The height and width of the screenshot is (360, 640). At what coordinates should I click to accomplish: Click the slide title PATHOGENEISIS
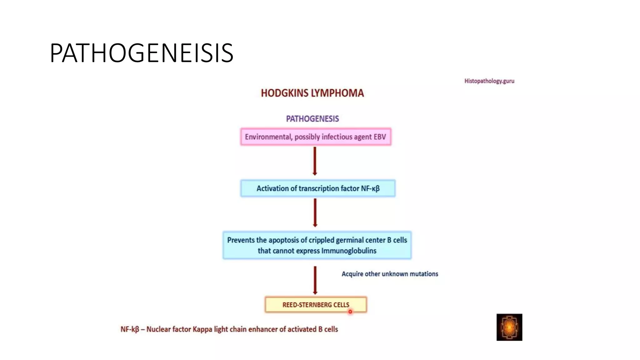pyautogui.click(x=141, y=53)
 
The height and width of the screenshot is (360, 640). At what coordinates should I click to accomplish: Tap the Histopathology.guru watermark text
pyautogui.click(x=489, y=81)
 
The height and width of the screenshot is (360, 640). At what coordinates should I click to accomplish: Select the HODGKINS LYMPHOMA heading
pyautogui.click(x=312, y=93)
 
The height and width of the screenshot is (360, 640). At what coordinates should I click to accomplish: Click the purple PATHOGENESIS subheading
pyautogui.click(x=312, y=119)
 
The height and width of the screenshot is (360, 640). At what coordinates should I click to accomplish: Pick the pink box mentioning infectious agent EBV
pyautogui.click(x=316, y=137)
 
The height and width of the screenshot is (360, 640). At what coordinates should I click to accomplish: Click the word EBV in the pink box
pyautogui.click(x=380, y=137)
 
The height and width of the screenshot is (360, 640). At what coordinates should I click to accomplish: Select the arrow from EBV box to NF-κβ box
pyautogui.click(x=315, y=161)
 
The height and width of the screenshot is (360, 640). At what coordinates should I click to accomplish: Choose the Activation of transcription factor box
pyautogui.click(x=318, y=188)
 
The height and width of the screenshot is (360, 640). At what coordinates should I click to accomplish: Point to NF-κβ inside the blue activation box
pyautogui.click(x=370, y=188)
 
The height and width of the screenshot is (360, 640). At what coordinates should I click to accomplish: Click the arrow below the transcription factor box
pyautogui.click(x=315, y=213)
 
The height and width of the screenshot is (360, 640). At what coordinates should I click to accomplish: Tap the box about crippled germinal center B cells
pyautogui.click(x=317, y=245)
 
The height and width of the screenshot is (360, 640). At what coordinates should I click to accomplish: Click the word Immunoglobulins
pyautogui.click(x=349, y=251)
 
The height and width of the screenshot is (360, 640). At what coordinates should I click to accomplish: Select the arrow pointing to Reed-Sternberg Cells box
pyautogui.click(x=315, y=280)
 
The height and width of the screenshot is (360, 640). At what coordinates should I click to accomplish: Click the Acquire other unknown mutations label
pyautogui.click(x=390, y=274)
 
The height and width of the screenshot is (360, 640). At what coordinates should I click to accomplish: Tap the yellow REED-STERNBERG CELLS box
pyautogui.click(x=316, y=305)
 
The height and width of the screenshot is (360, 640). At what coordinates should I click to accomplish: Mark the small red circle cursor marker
pyautogui.click(x=350, y=312)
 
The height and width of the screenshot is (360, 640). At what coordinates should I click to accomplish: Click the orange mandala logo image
pyautogui.click(x=509, y=327)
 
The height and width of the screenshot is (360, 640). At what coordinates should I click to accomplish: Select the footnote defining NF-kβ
pyautogui.click(x=229, y=329)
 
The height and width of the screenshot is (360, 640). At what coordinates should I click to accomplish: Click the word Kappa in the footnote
pyautogui.click(x=202, y=329)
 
